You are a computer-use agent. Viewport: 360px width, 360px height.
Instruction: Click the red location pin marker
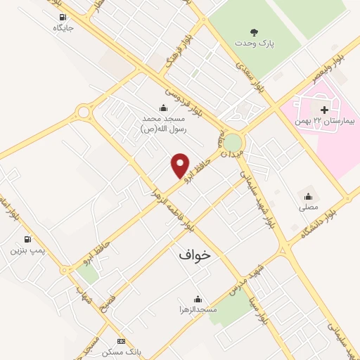point(181,166)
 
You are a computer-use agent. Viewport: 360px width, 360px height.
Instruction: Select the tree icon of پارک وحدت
point(254,32)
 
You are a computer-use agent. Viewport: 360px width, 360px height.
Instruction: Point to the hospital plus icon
point(324,110)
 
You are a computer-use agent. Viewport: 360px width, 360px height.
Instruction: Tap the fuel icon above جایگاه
point(63,18)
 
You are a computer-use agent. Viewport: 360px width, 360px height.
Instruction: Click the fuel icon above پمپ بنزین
point(27,239)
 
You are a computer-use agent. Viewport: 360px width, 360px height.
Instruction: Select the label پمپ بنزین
point(27,250)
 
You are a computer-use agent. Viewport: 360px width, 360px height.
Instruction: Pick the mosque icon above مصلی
point(308,195)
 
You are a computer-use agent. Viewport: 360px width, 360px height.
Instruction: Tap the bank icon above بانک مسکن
point(120,340)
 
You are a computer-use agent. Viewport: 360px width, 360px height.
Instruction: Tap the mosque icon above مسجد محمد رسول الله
point(163,108)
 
